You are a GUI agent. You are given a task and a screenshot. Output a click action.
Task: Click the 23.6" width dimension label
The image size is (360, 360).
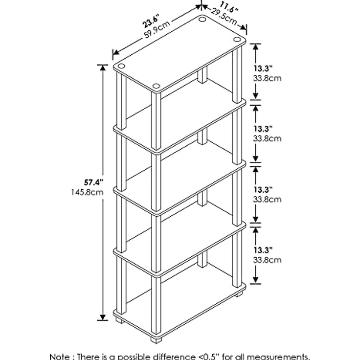coord(151,21)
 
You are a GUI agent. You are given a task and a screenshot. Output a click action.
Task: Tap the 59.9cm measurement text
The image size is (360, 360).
coord(157,29)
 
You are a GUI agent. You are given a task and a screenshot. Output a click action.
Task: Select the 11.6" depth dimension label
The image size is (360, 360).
coord(229,7)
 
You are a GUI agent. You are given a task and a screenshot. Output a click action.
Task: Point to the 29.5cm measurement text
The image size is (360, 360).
coord(224,17)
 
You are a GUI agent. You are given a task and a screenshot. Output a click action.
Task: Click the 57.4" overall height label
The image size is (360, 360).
coord(93,182)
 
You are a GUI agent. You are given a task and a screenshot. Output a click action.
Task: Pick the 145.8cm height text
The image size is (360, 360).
coord(87,192)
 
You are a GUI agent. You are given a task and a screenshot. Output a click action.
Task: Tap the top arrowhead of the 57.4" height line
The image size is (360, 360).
coord(103,67)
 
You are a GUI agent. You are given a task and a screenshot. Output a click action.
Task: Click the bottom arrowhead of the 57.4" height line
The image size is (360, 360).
coord(103,317)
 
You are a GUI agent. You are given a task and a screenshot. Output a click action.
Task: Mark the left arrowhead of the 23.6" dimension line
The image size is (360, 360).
coord(116,52)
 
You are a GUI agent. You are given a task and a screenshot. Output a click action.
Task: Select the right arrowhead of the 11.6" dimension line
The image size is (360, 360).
coord(243,27)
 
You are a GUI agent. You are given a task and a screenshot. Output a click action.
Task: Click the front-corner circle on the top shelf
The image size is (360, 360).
coord(156,86)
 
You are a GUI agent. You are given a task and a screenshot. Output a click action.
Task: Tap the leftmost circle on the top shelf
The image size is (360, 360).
coord(121,67)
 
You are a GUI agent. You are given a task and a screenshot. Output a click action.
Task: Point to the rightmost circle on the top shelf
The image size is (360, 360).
coord(237,40)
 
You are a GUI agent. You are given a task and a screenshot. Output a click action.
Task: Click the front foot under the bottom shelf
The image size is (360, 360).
coord(156,340)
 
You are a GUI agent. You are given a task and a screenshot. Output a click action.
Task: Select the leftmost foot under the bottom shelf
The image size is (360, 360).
coord(119,320)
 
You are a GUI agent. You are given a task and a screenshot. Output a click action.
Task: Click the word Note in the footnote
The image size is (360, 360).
coord(59,357)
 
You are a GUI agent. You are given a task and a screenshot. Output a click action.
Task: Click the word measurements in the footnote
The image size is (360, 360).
coord(278,357)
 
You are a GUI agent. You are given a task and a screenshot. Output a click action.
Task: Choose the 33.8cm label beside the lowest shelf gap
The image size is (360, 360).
coord(267,260)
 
